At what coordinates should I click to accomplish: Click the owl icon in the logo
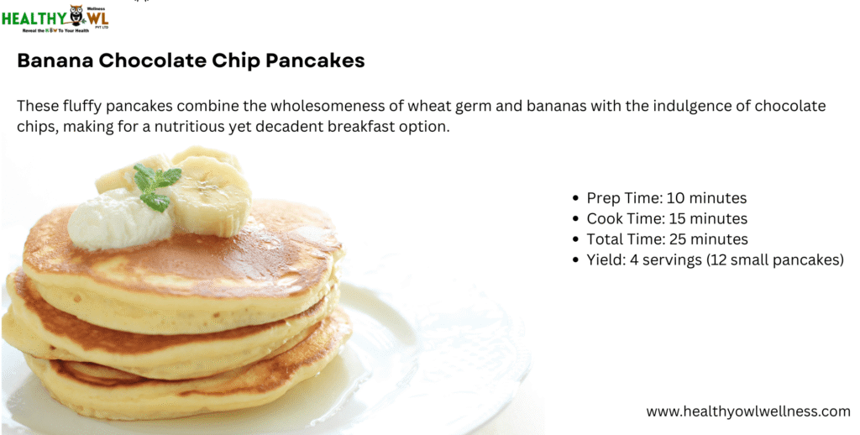tap(76, 15)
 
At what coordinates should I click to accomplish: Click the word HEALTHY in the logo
tap(34, 18)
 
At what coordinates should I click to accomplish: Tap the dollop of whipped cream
tap(118, 218)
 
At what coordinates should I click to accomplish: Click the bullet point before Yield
tap(575, 260)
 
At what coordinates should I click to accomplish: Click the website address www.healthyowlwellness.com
tap(748, 411)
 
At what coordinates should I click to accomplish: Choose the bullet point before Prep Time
tap(575, 198)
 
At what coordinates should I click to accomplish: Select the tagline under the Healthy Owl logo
tap(55, 31)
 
